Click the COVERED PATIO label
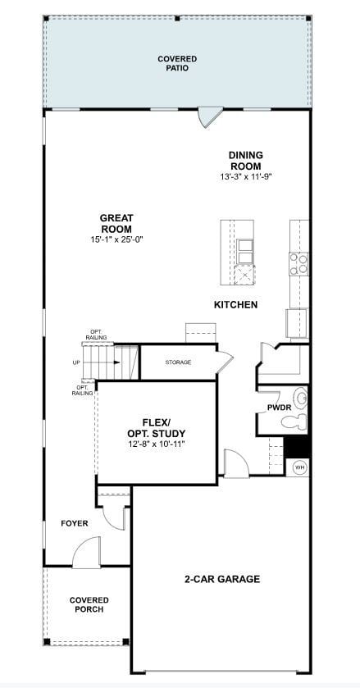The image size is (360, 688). click(x=176, y=63)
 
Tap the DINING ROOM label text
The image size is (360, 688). click(x=245, y=160)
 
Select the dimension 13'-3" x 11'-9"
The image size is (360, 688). click(x=245, y=175)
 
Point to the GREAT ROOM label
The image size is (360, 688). click(x=116, y=223)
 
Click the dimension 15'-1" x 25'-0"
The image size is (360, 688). click(x=116, y=239)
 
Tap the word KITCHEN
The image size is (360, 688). click(x=235, y=305)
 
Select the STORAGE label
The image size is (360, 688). click(x=178, y=362)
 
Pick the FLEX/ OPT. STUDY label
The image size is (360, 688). click(x=156, y=427)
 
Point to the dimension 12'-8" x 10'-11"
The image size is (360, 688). click(x=156, y=444)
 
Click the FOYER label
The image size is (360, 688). click(x=74, y=523)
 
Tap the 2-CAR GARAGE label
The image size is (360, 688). click(x=221, y=579)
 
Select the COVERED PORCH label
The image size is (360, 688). click(x=89, y=605)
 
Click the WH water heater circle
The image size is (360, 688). click(x=299, y=467)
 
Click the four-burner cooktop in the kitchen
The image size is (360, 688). click(x=299, y=262)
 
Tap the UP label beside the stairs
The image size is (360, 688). click(x=76, y=362)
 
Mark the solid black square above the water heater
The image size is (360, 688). click(x=297, y=448)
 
